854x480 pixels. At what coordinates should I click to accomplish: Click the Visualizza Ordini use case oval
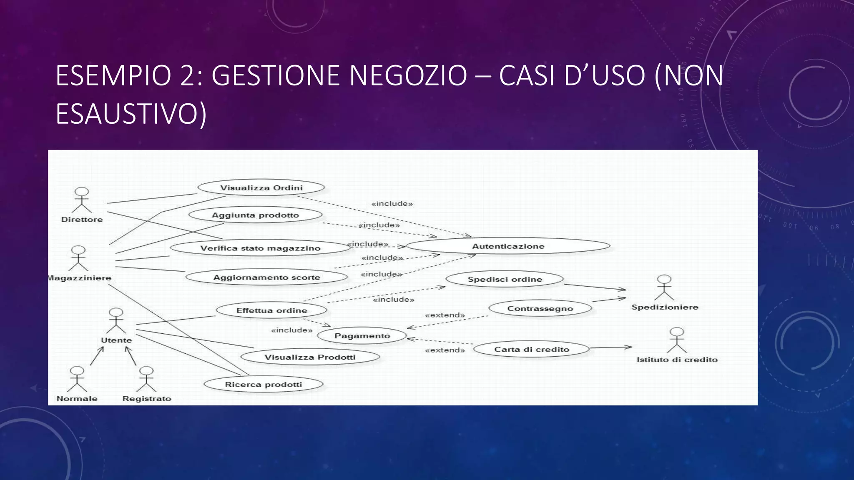click(x=261, y=188)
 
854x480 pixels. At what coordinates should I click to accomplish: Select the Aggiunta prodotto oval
click(x=255, y=215)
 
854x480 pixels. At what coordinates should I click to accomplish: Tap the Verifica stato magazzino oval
click(x=260, y=248)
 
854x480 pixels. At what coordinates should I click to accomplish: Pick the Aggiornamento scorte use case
click(x=266, y=277)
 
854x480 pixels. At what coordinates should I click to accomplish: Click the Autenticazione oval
click(x=508, y=246)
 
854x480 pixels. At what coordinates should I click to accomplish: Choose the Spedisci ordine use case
click(x=505, y=279)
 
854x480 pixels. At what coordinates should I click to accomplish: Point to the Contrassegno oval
click(x=540, y=309)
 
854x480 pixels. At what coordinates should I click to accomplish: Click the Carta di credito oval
click(x=532, y=349)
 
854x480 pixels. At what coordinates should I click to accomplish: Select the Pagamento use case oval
click(x=362, y=336)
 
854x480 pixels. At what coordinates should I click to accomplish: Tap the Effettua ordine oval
click(x=271, y=310)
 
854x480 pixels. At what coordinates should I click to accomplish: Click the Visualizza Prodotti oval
click(x=310, y=357)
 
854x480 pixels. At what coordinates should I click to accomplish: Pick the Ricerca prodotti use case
click(x=263, y=385)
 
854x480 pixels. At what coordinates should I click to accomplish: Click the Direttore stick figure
click(x=82, y=200)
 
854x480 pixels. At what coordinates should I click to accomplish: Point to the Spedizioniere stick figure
click(x=664, y=287)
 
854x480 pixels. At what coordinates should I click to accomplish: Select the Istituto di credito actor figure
click(x=676, y=340)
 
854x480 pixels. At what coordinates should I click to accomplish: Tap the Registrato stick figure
click(x=146, y=379)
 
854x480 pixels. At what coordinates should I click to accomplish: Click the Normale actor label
click(x=77, y=399)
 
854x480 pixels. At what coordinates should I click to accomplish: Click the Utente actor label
click(x=116, y=340)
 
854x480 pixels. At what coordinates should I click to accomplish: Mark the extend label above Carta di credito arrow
click(x=445, y=350)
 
